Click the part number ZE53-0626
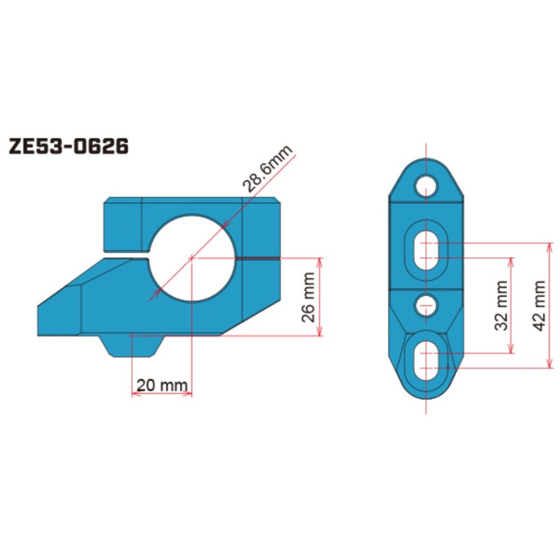point(68,147)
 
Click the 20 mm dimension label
point(161,385)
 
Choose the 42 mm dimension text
point(539,305)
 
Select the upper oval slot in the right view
point(426,250)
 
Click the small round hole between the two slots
point(426,305)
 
